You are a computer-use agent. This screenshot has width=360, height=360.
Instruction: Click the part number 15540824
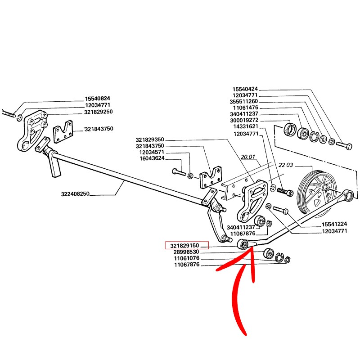[98, 99]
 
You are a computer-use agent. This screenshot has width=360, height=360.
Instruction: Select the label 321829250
[99, 112]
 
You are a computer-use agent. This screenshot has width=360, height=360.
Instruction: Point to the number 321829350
[150, 140]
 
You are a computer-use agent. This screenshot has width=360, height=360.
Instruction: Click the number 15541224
[334, 224]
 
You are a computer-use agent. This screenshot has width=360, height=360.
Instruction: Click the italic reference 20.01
[247, 158]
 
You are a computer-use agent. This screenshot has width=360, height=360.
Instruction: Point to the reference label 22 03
[286, 166]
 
